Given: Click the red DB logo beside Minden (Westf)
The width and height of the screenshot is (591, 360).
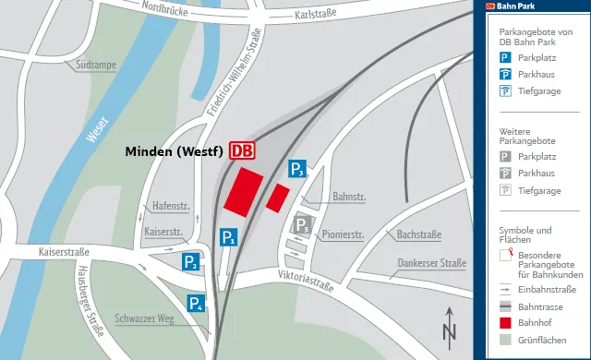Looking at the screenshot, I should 242,150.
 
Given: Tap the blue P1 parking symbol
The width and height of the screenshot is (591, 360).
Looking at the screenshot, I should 229,238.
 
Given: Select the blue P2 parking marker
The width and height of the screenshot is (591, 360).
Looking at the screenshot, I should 190,262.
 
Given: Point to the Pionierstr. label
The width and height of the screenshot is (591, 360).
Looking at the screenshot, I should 343,234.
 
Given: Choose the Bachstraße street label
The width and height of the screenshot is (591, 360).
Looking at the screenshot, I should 418,234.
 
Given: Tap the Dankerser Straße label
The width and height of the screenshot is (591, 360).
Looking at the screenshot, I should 431,263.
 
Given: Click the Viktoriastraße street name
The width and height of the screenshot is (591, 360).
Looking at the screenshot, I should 304,282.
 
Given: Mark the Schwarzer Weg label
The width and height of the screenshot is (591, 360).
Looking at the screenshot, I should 145,318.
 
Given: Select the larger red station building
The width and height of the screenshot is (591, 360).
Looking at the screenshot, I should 242,192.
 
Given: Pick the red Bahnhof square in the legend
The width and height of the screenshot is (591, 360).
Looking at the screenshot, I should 505,323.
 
